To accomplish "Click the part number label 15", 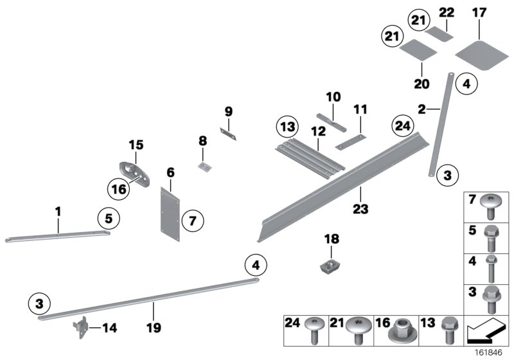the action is [136, 145].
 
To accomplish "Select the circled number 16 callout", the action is [119, 189].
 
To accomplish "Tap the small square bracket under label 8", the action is [204, 166].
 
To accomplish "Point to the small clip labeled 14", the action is [80, 328].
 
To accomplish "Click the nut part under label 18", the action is [331, 265].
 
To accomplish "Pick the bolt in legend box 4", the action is [491, 269].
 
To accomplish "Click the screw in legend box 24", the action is [314, 330].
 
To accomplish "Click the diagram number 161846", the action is [489, 353].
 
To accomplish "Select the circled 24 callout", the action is [403, 126].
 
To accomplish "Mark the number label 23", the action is [360, 208].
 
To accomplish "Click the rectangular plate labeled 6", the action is [170, 214].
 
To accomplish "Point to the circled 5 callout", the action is [109, 219].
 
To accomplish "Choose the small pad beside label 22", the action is [439, 34].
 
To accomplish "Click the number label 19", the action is [154, 327].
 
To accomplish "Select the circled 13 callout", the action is [287, 127].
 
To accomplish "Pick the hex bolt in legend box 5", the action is [492, 239].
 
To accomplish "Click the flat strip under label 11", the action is [350, 142].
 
